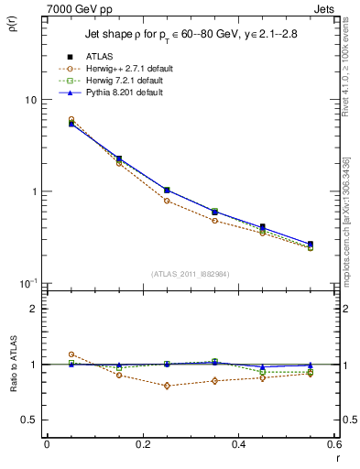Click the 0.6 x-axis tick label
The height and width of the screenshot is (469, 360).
(333, 445)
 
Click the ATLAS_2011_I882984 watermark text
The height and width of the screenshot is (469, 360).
(191, 274)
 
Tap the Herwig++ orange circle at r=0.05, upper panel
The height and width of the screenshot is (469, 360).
(71, 119)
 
